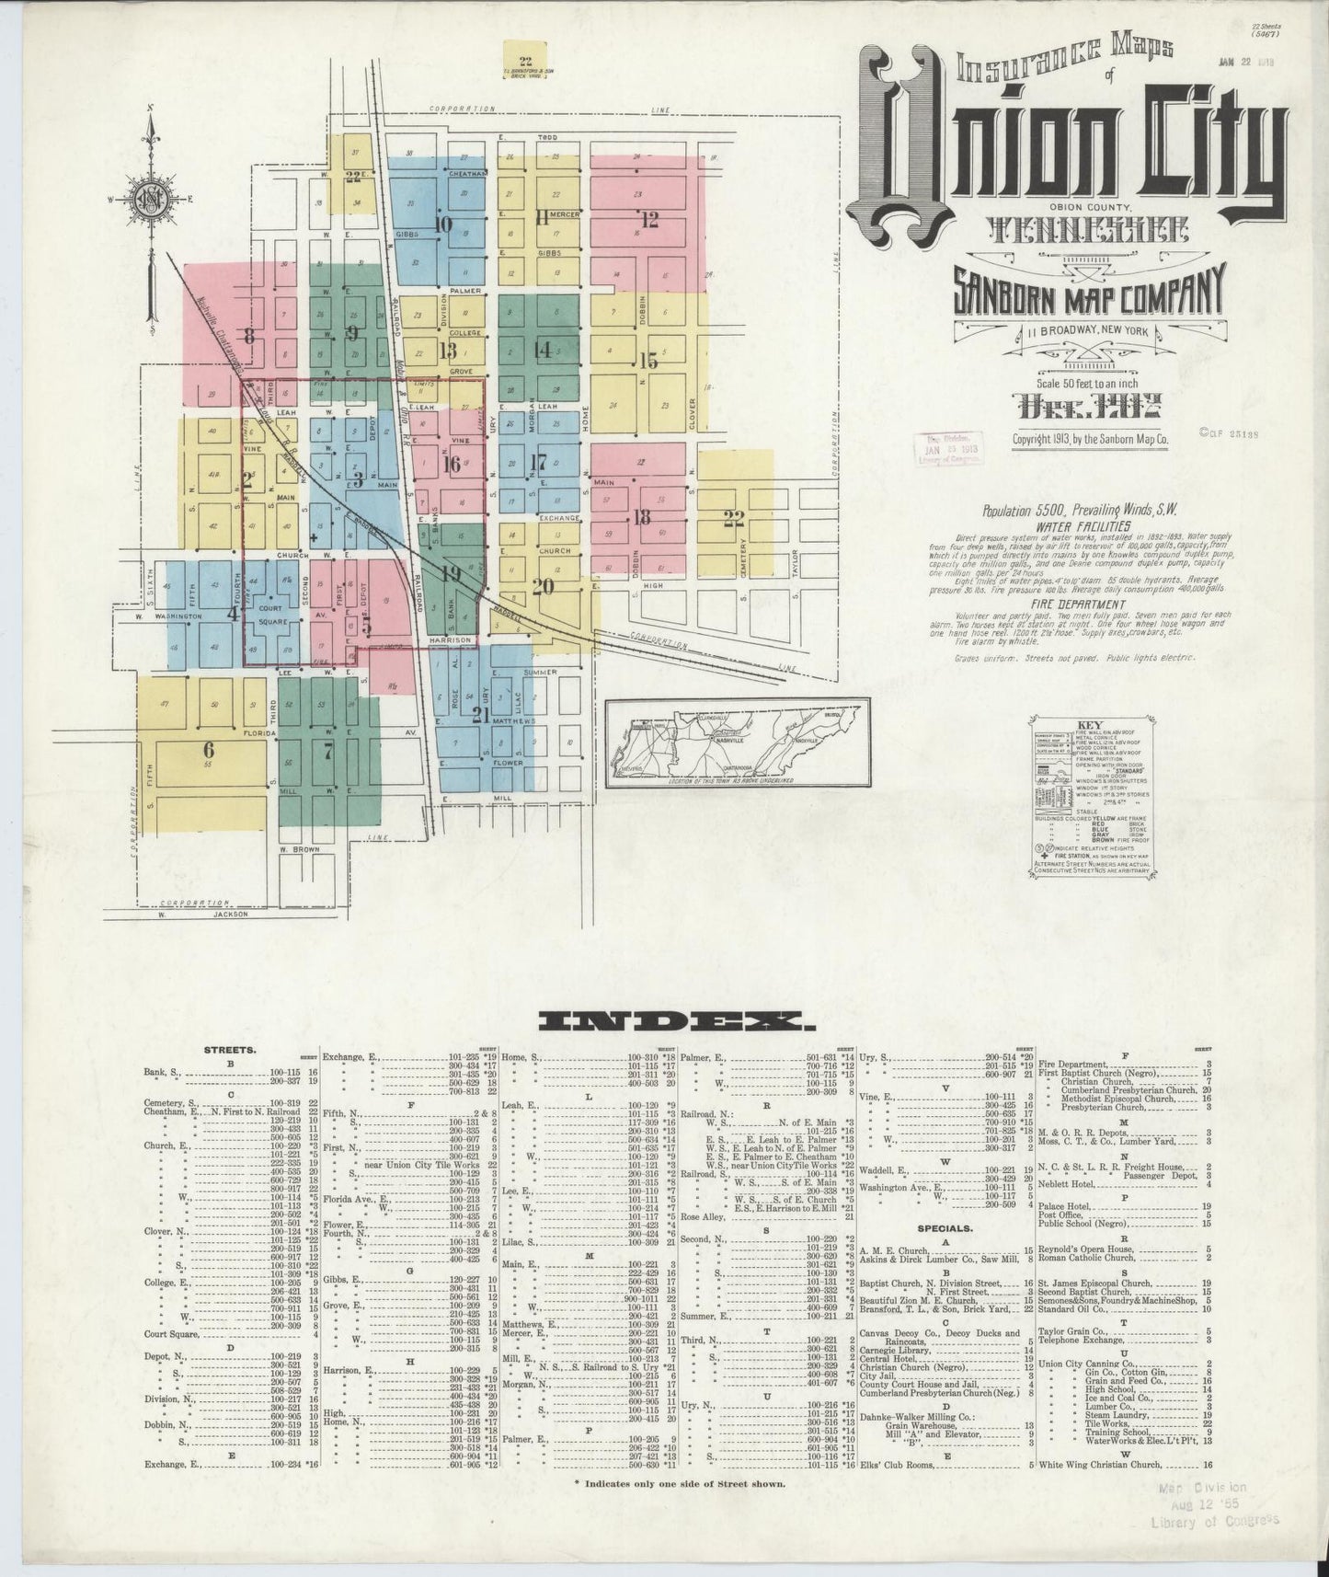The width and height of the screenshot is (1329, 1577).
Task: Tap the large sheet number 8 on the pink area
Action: point(248,335)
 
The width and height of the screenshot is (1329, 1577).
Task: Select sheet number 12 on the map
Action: point(650,219)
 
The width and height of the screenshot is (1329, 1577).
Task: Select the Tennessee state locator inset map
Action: point(737,742)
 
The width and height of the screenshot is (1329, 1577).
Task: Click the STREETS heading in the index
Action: point(230,1049)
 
